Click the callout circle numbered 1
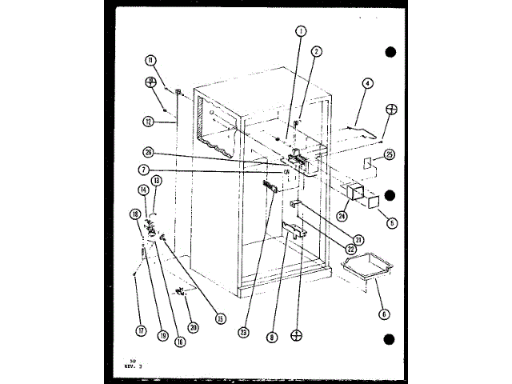pyautogui.click(x=300, y=32)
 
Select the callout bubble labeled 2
pyautogui.click(x=317, y=52)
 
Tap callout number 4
pyautogui.click(x=367, y=82)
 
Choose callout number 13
pyautogui.click(x=157, y=181)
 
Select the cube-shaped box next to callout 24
pyautogui.click(x=353, y=194)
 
